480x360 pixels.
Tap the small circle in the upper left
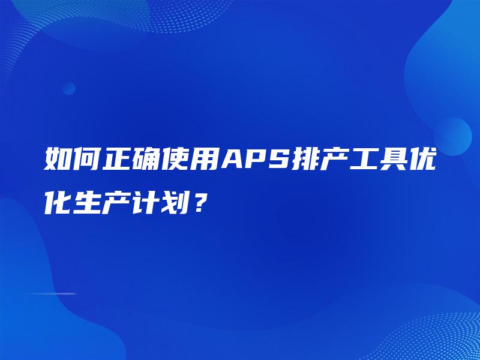point(68,88)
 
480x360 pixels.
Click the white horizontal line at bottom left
point(50,293)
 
